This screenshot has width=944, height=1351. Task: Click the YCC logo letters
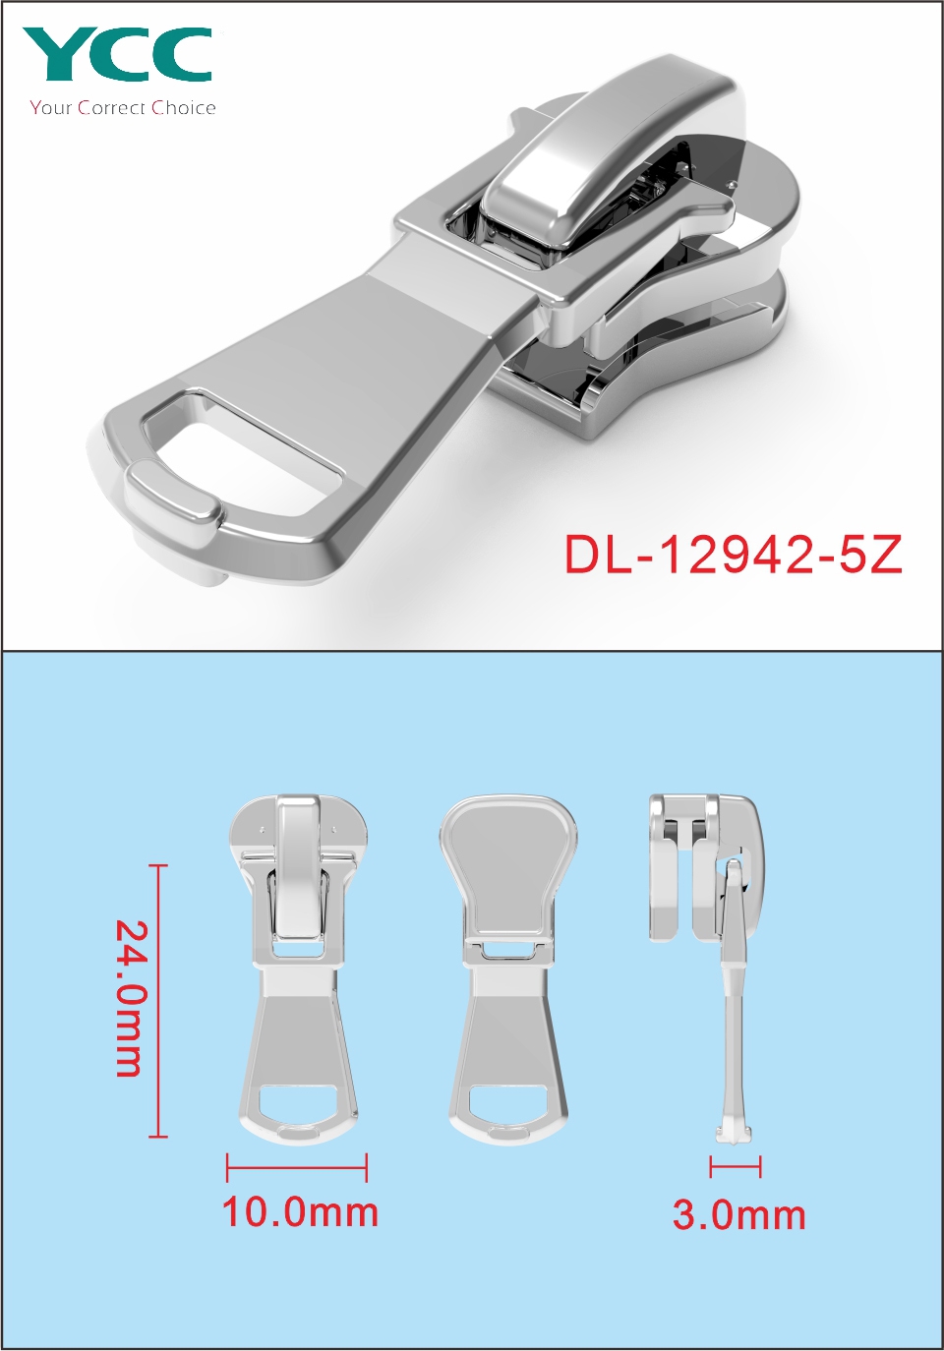[x=118, y=54]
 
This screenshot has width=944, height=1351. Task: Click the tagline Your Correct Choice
[x=123, y=108]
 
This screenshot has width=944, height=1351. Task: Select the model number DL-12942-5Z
[x=733, y=556]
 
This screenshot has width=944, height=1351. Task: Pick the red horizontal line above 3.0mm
[x=736, y=1166]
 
